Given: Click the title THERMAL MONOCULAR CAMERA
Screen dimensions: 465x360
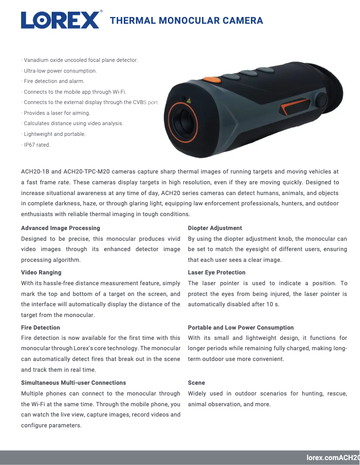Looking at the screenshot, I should pos(186,21).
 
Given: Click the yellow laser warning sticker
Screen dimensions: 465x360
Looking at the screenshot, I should pos(189,100).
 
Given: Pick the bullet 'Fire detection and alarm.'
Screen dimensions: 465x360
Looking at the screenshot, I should pos(53,81).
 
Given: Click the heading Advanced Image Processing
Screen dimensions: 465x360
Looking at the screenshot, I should pos(61,228).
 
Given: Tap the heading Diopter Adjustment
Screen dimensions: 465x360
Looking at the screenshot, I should pos(215,228).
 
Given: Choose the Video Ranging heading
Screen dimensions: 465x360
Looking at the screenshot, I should pos(41,273).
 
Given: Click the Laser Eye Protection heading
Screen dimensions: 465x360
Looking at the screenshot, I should pos(217,273).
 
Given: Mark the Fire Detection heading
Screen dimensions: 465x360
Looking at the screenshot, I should pos(40,328).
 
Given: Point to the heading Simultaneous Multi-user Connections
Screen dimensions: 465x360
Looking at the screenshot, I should pos(74,383).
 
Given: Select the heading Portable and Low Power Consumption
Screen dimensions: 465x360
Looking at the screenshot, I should pos(241,328).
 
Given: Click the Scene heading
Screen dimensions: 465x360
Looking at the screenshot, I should pos(197,383).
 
